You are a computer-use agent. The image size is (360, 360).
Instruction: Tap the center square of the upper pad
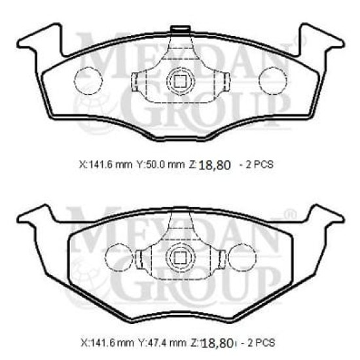pos(181,81)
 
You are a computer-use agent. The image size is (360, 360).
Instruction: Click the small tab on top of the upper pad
pos(180,28)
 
